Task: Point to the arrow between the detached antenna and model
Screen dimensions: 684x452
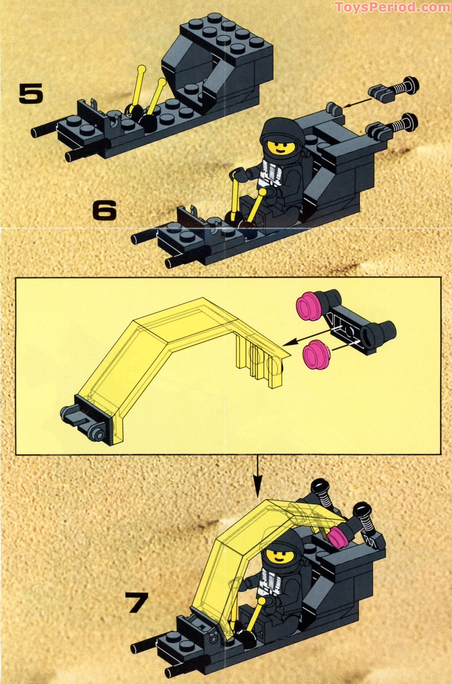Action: point(357,103)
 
